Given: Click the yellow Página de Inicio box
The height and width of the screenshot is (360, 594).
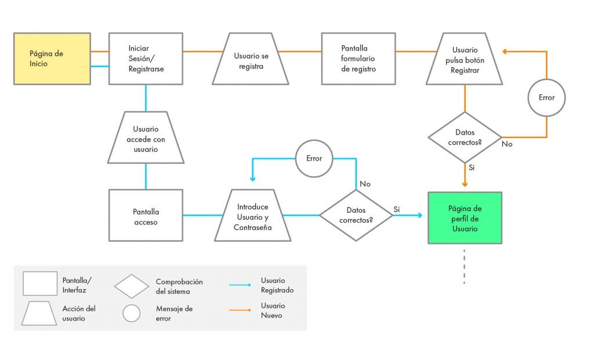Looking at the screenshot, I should pyautogui.click(x=52, y=59).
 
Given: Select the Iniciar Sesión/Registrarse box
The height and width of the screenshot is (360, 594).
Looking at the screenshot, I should pyautogui.click(x=146, y=59).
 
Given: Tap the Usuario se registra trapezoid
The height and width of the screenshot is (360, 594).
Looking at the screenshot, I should pyautogui.click(x=251, y=59).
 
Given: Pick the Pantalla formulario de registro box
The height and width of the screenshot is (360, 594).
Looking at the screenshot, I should pyautogui.click(x=358, y=59).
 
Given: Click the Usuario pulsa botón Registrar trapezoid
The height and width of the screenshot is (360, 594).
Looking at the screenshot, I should pyautogui.click(x=465, y=59).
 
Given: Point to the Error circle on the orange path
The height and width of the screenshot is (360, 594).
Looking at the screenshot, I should pyautogui.click(x=546, y=97).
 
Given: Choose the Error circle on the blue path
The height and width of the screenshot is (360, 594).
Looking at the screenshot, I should pyautogui.click(x=314, y=158).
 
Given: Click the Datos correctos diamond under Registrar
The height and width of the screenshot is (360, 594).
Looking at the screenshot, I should pyautogui.click(x=465, y=137).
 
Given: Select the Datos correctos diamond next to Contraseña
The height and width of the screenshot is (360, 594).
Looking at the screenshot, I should pyautogui.click(x=356, y=215).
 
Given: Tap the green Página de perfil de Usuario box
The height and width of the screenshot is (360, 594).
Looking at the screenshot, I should pyautogui.click(x=465, y=218).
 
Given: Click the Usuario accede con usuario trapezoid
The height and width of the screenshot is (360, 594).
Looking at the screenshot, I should pyautogui.click(x=146, y=137).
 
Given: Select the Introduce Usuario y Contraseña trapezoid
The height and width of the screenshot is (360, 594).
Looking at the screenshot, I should pyautogui.click(x=252, y=215).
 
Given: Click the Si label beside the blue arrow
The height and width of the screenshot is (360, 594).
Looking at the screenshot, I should pyautogui.click(x=397, y=209).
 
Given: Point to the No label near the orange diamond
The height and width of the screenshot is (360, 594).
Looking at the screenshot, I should pyautogui.click(x=507, y=144).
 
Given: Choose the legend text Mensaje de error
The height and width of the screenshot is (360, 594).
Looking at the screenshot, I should pyautogui.click(x=174, y=314).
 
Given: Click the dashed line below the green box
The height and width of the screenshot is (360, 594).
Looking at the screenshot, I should pyautogui.click(x=465, y=267).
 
